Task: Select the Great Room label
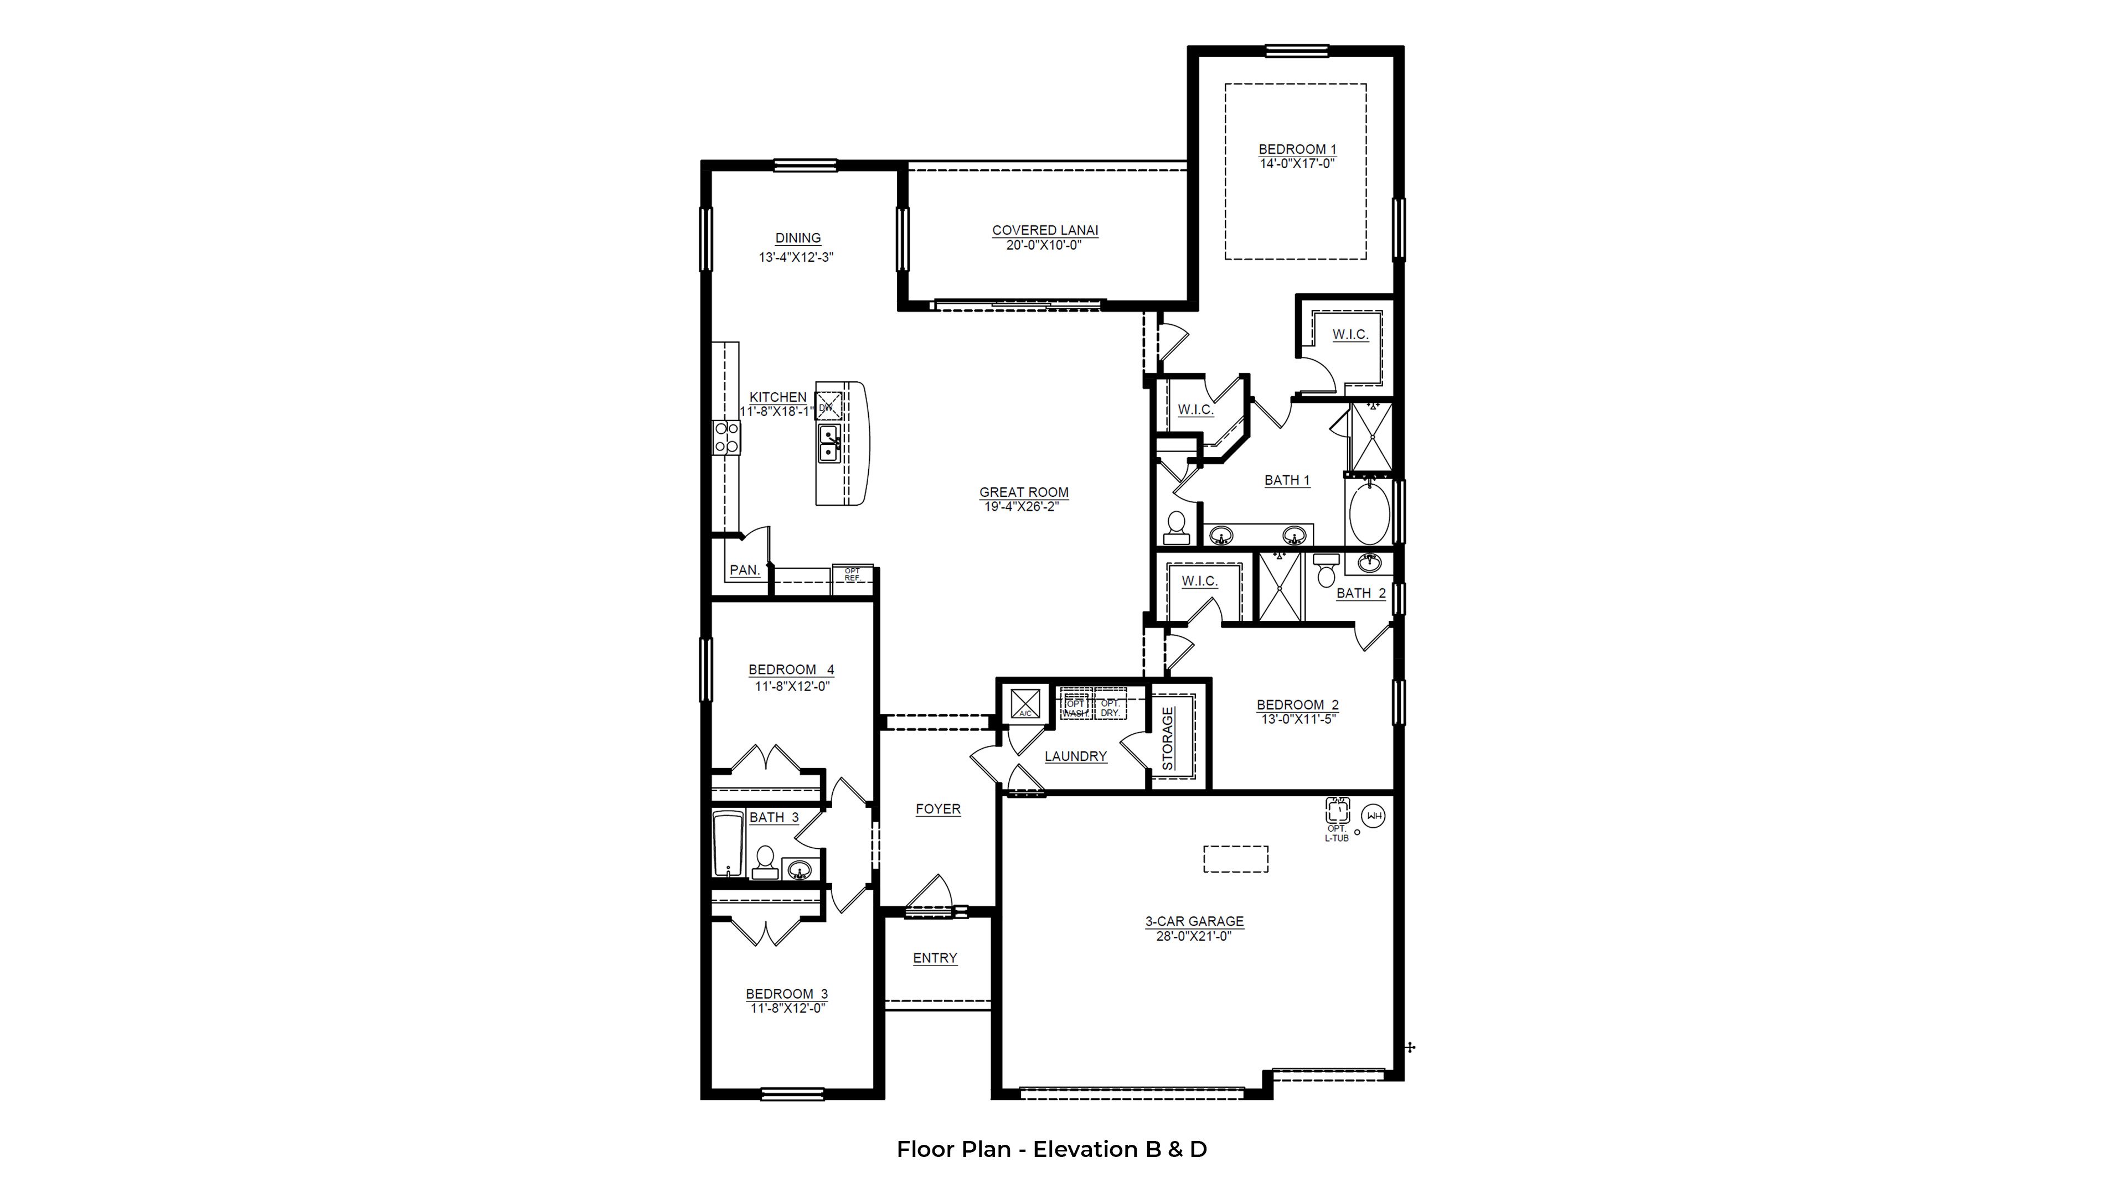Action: pyautogui.click(x=1023, y=492)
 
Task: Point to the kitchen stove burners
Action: pyautogui.click(x=154, y=437)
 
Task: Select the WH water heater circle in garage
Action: pyautogui.click(x=1374, y=816)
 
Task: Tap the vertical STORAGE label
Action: pyautogui.click(x=1168, y=738)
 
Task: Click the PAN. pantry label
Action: pyautogui.click(x=744, y=570)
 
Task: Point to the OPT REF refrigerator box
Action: pyautogui.click(x=852, y=575)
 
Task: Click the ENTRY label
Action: pyautogui.click(x=935, y=958)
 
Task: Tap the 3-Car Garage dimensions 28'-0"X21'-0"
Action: pyautogui.click(x=1193, y=936)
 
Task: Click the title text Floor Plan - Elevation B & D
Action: pyautogui.click(x=1051, y=1150)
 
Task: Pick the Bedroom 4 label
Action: pyautogui.click(x=791, y=670)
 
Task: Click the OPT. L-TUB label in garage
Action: pyautogui.click(x=1336, y=833)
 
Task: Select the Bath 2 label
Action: pyautogui.click(x=1360, y=594)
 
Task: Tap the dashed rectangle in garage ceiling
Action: pyautogui.click(x=1235, y=859)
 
